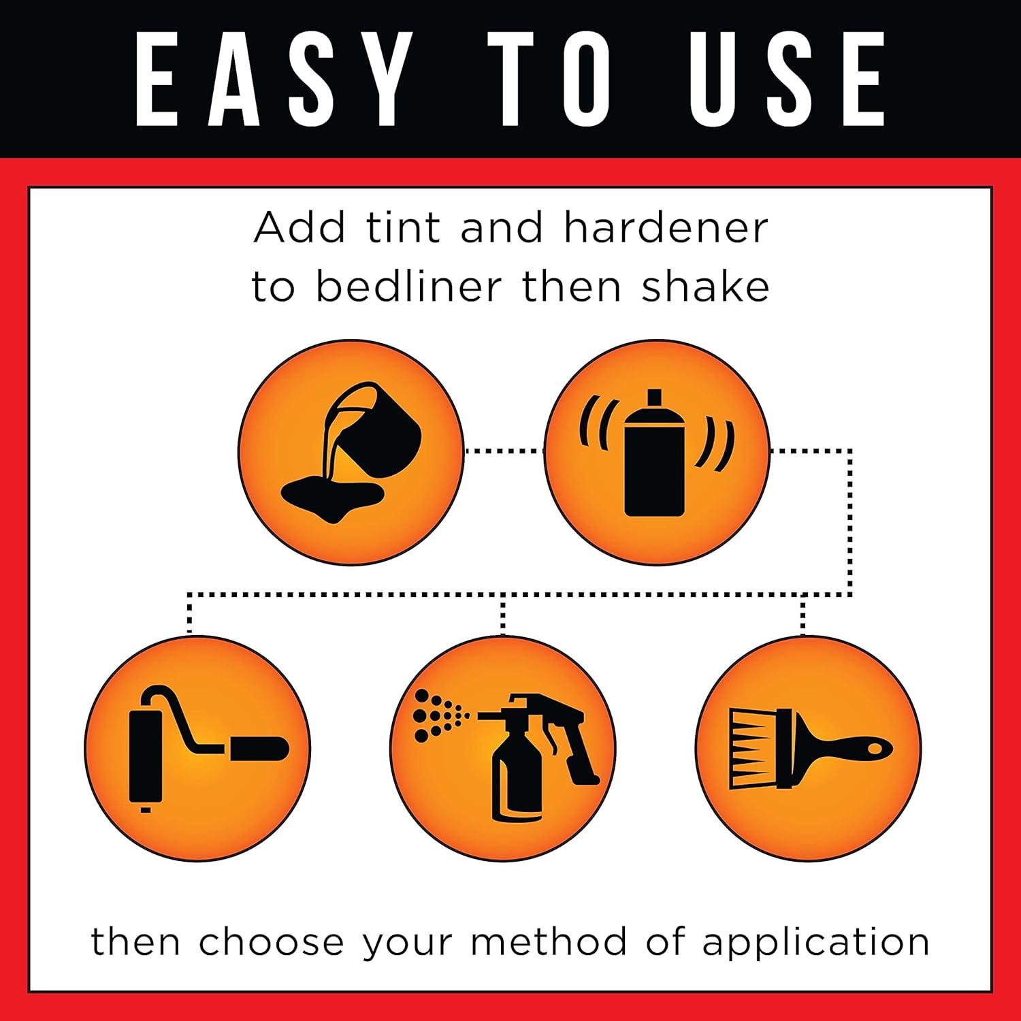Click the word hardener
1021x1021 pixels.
pos(666,227)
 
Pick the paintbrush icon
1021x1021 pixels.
pos(810,749)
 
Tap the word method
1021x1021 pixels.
pos(548,942)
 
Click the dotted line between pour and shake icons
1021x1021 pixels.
pos(504,451)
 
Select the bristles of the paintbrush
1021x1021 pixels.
pos(751,749)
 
